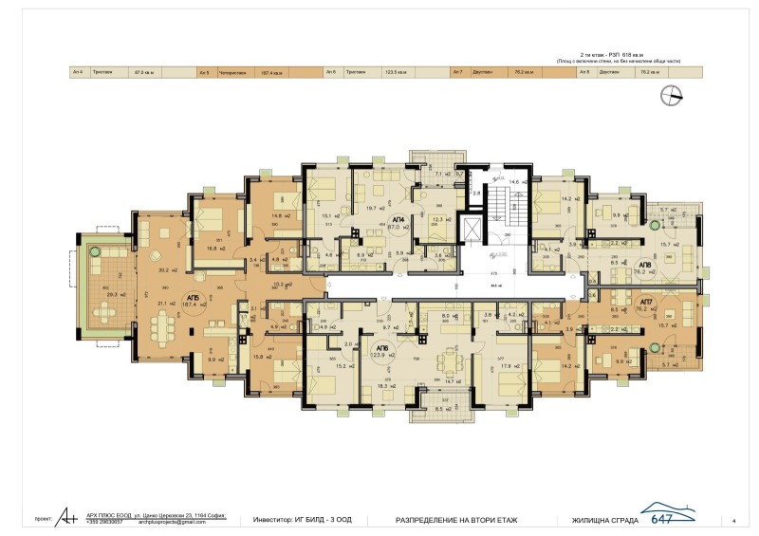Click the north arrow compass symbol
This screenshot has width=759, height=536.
coord(675,93)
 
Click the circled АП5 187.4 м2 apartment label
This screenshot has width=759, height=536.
coord(194,301)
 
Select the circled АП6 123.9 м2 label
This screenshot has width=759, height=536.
coord(388,349)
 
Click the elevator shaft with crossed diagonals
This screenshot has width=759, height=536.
coord(470,229)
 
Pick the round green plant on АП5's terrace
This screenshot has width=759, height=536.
coord(95,250)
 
